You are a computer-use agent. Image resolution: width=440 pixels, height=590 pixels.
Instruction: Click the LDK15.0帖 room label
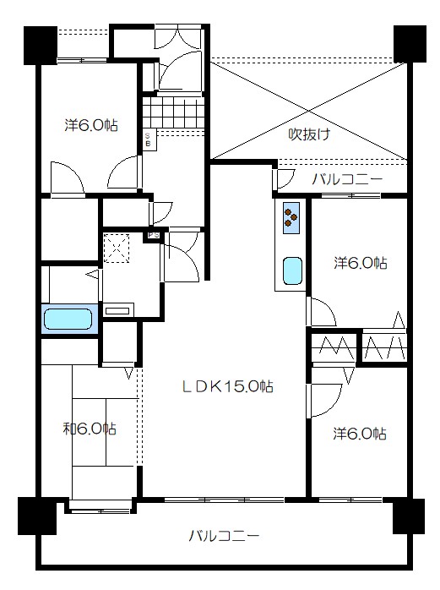227,386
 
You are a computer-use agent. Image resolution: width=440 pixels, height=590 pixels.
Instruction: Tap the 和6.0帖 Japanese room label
90,429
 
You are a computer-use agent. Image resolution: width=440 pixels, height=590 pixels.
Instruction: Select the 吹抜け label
309,134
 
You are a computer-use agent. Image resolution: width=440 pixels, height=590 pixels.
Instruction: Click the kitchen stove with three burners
291,218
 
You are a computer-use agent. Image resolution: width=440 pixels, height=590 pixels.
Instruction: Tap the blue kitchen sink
292,271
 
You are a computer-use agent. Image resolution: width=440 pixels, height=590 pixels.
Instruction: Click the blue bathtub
68,319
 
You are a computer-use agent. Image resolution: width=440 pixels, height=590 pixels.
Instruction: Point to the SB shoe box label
148,140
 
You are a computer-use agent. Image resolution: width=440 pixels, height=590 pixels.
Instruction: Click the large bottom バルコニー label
224,536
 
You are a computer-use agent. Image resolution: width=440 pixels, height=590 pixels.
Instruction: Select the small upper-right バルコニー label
347,179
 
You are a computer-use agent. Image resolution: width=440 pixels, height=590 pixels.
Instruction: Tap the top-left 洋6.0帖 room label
91,125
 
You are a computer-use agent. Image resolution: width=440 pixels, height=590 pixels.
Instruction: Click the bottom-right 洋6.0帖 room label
360,434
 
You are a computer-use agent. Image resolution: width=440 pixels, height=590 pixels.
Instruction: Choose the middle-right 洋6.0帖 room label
361,263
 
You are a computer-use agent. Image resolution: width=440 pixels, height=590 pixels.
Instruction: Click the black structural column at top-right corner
410,44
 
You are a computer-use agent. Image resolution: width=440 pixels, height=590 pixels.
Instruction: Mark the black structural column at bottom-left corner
37,516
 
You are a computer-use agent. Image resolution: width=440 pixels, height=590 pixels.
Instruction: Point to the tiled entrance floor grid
173,112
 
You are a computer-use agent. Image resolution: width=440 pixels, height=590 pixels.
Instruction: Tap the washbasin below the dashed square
118,310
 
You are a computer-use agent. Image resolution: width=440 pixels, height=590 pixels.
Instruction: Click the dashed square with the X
117,249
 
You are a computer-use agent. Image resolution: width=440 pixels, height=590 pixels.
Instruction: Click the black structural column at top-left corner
41,45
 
